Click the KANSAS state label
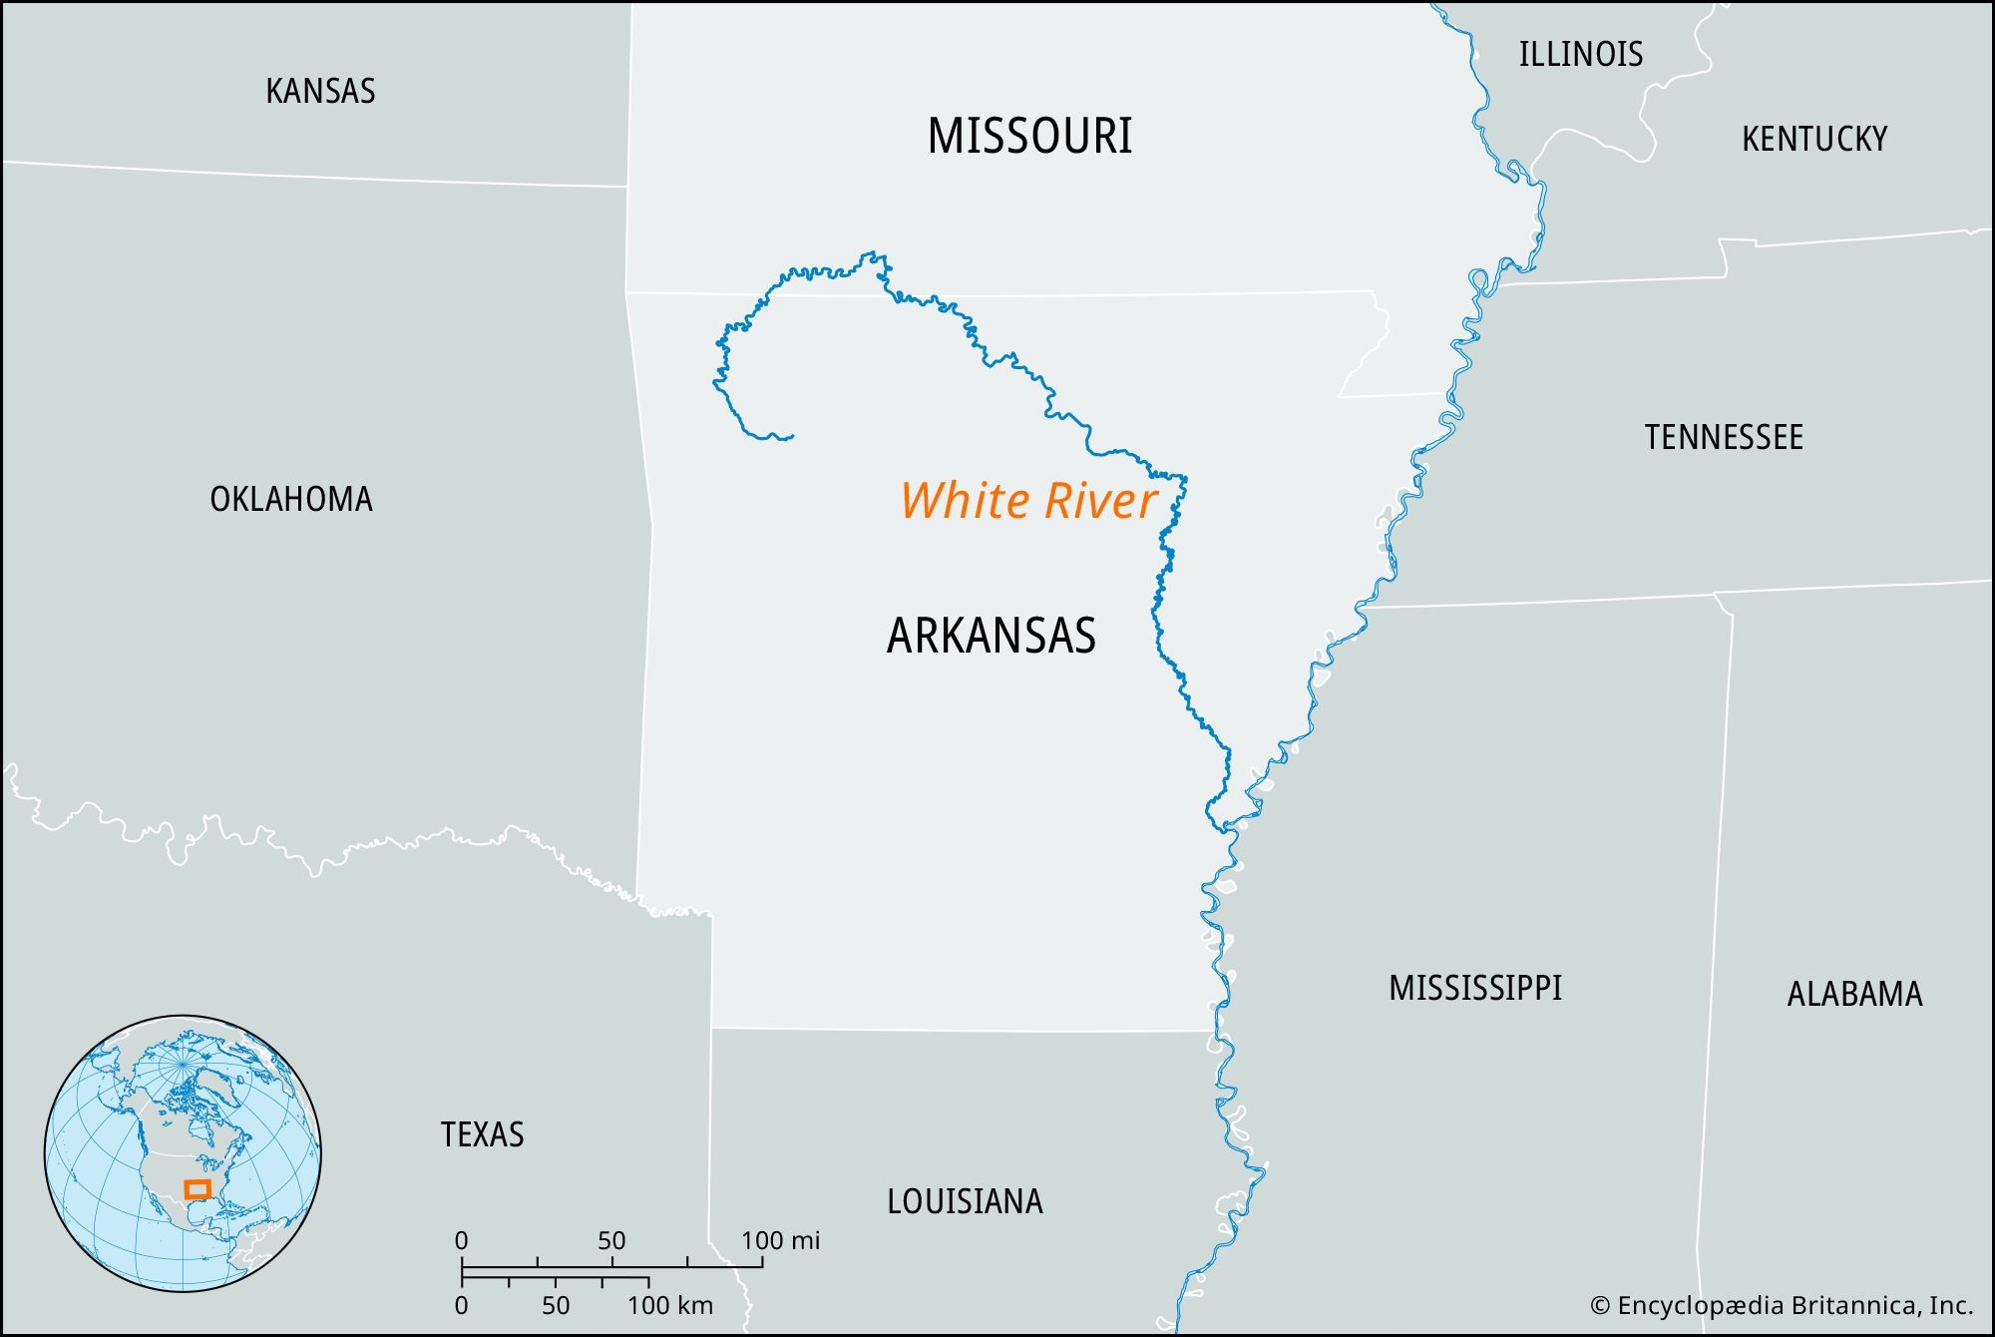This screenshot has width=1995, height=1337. click(x=320, y=92)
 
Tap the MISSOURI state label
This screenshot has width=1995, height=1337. click(x=1029, y=137)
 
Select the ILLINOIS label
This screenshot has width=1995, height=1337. click(x=1580, y=55)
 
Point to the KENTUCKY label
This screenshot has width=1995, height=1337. click(x=1813, y=140)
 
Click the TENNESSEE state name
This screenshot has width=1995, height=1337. click(x=1723, y=438)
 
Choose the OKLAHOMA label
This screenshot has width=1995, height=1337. click(x=290, y=499)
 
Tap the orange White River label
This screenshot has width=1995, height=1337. click(x=1028, y=501)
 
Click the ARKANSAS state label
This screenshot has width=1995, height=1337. click(x=991, y=636)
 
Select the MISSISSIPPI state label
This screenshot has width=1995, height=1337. click(x=1474, y=989)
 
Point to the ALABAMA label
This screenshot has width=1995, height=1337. click(x=1853, y=995)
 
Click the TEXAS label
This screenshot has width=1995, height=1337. click(x=482, y=1135)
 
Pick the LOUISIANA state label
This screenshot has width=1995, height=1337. click(x=964, y=1201)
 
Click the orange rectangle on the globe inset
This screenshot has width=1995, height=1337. click(x=198, y=1189)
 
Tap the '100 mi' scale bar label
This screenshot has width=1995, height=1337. click(x=780, y=1241)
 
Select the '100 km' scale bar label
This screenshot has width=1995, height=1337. click(x=669, y=1305)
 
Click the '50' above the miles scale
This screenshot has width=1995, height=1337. click(x=611, y=1241)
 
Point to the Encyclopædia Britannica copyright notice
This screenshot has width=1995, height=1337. click(x=1781, y=1305)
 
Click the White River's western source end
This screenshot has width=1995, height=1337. click(x=792, y=436)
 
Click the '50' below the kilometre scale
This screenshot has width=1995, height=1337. click(x=556, y=1305)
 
